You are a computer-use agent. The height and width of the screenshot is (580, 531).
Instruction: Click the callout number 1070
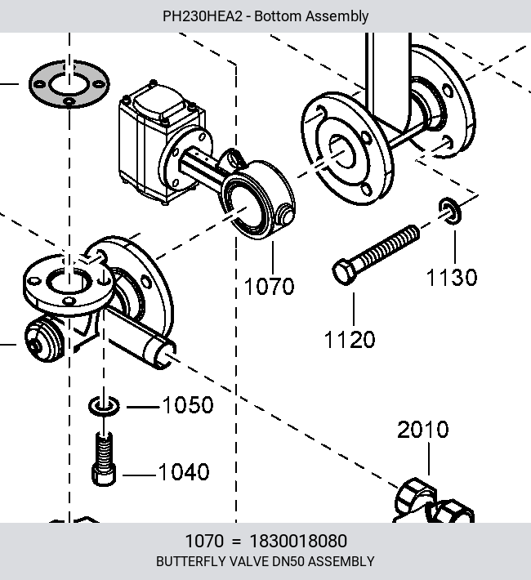[269, 286]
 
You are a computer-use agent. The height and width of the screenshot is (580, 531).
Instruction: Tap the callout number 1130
[452, 278]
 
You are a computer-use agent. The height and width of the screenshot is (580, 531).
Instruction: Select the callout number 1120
[350, 340]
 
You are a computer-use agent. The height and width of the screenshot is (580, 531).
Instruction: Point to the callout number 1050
[188, 404]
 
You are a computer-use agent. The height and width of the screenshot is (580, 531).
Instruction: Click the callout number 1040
[184, 472]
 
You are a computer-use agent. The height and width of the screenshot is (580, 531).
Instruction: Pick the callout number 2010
[423, 430]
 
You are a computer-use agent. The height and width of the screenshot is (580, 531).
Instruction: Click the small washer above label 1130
[450, 211]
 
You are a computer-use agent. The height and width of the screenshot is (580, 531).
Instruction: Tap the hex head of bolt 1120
[345, 272]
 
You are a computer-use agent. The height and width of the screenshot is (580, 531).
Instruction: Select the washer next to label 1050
[104, 406]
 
